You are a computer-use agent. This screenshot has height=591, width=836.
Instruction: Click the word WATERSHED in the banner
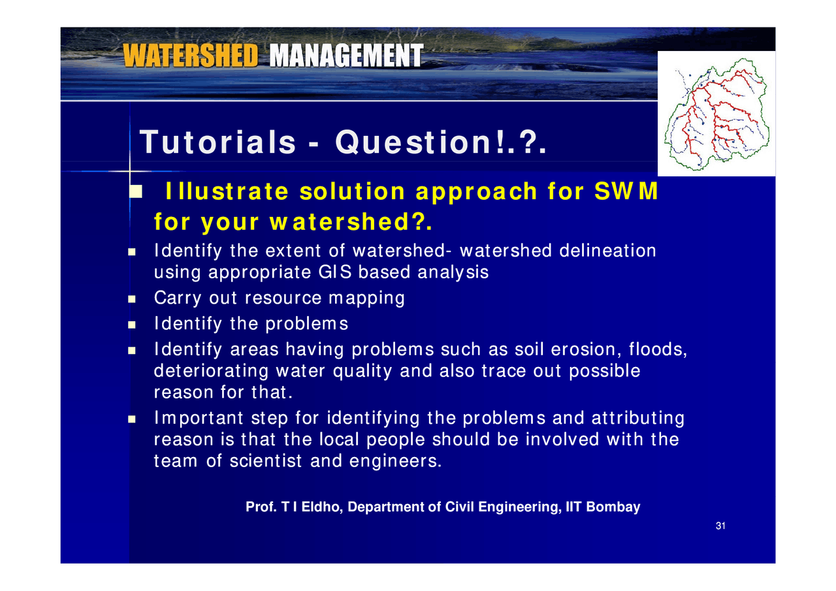pos(190,56)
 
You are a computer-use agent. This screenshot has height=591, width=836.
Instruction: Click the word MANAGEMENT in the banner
pos(347,56)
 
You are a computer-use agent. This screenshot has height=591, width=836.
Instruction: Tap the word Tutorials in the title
pos(217,142)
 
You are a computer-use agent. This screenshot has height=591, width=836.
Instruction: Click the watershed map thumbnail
pos(716,114)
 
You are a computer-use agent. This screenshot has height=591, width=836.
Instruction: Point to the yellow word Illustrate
pos(227,191)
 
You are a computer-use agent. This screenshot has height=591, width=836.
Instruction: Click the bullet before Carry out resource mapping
pos(132,299)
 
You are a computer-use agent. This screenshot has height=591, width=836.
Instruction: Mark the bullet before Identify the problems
pos(132,325)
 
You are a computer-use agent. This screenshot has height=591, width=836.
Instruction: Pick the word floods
pos(658,349)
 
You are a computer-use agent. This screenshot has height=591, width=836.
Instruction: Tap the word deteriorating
pos(211,371)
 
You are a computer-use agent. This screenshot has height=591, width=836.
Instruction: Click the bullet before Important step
pos(132,419)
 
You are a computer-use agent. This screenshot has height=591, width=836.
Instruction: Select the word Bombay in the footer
pos(613,507)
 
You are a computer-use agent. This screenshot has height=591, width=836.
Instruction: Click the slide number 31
pos(720,526)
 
